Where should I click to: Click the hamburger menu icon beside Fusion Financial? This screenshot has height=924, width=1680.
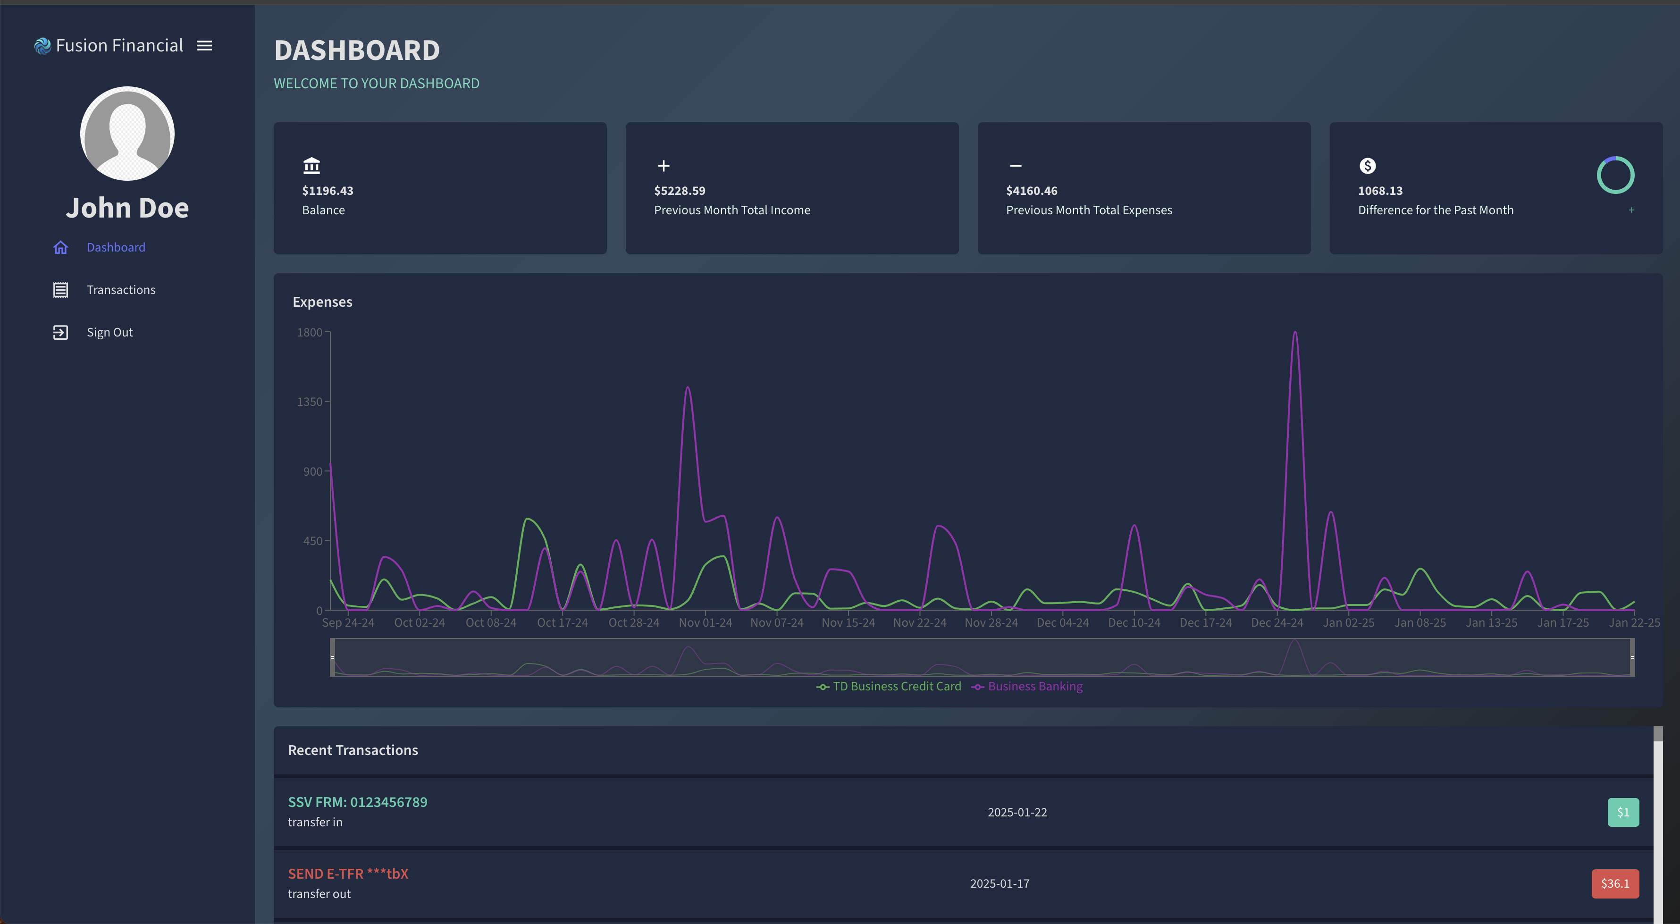(x=205, y=46)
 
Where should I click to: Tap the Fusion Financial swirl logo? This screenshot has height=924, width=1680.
(x=42, y=46)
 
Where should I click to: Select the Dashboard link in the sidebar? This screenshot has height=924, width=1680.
(x=116, y=247)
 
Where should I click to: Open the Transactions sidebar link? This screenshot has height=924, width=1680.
(x=121, y=290)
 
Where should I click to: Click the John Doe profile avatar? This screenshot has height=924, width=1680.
(x=127, y=134)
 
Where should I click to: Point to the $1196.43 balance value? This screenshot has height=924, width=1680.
(x=328, y=190)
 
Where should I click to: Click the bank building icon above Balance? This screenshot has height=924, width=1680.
(x=312, y=166)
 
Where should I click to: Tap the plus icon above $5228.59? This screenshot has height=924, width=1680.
(x=663, y=166)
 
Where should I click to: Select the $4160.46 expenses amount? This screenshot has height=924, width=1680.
(x=1032, y=190)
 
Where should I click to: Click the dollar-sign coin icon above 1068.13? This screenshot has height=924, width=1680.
(x=1368, y=166)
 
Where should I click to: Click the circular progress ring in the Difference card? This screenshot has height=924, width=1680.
(x=1615, y=157)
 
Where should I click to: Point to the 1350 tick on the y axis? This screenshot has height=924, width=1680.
(x=310, y=402)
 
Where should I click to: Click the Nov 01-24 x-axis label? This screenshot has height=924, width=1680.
(x=706, y=623)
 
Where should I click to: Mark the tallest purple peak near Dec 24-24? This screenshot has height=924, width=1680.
(x=1295, y=333)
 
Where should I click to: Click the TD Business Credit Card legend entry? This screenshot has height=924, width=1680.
(x=889, y=686)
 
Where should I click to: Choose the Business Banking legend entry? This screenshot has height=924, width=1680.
(x=1027, y=686)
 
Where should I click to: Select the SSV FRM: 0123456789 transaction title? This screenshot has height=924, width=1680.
(x=357, y=802)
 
